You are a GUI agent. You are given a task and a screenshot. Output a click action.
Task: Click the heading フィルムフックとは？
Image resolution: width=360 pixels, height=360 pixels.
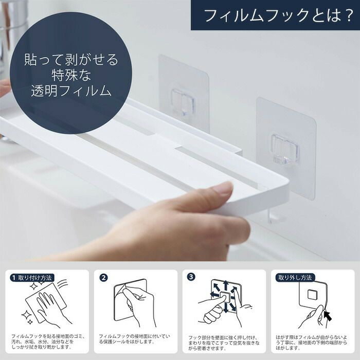click(x=278, y=15)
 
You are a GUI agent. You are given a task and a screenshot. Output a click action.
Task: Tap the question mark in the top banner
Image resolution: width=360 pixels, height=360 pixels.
click(x=346, y=15)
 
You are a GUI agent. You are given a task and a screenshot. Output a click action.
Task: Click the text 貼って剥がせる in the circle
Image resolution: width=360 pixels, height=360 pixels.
click(x=71, y=60)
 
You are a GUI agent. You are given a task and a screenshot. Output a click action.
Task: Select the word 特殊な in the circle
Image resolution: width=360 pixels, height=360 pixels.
click(x=71, y=75)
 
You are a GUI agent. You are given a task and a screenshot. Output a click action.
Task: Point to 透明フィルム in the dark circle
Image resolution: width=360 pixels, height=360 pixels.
click(x=71, y=91)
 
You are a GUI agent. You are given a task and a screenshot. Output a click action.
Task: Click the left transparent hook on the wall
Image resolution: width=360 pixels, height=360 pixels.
click(x=183, y=102)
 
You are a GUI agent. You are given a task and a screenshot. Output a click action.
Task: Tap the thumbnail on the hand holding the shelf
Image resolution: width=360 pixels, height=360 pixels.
click(x=221, y=189)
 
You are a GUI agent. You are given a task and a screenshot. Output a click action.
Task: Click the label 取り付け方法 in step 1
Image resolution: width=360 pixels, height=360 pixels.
click(x=34, y=278)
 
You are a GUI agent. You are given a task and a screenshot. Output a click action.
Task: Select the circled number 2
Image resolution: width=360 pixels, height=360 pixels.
click(x=103, y=278)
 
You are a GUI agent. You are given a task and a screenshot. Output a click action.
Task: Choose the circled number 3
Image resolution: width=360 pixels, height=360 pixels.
click(x=191, y=277)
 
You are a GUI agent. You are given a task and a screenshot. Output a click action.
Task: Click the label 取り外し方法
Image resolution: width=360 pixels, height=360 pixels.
click(x=295, y=278)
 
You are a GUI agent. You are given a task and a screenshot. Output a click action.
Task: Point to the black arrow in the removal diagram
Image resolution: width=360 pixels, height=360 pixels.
click(x=328, y=315)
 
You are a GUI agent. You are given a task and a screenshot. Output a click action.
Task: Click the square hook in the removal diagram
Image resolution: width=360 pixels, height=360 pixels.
click(x=312, y=295)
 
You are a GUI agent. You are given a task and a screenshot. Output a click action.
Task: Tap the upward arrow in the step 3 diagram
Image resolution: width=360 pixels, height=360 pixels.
click(x=226, y=285)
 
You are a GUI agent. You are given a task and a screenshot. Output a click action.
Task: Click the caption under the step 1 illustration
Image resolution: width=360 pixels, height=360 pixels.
click(x=47, y=342)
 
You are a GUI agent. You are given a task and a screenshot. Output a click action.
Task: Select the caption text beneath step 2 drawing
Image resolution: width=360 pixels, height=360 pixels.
click(x=135, y=339)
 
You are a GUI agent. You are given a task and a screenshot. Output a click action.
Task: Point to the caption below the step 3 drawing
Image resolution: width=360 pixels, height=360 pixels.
click(x=224, y=343)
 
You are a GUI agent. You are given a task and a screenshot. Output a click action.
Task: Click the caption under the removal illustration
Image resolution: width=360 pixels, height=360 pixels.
click(x=311, y=343)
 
